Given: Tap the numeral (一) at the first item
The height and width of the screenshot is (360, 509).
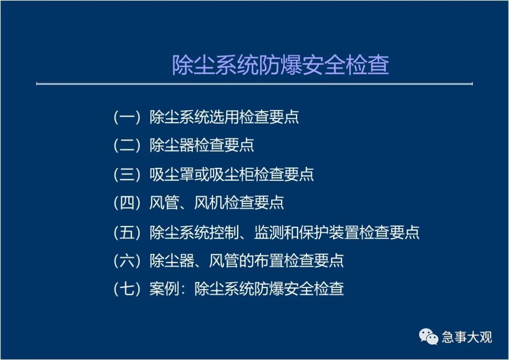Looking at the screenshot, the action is pyautogui.click(x=127, y=117).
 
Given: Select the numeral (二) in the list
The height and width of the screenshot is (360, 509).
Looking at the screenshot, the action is pyautogui.click(x=127, y=145).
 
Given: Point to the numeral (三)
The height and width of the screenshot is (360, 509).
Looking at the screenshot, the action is pyautogui.click(x=127, y=174).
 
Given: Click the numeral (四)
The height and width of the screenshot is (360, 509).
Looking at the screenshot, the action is pyautogui.click(x=127, y=203).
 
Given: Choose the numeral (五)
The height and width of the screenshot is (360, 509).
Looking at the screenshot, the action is pyautogui.click(x=127, y=232).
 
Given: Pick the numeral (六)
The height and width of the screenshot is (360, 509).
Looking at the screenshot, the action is pyautogui.click(x=127, y=261).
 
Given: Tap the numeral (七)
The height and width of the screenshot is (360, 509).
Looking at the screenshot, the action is pyautogui.click(x=127, y=288).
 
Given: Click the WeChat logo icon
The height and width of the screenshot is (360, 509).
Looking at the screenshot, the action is pyautogui.click(x=428, y=336).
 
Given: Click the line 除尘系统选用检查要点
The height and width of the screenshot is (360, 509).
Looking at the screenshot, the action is pyautogui.click(x=224, y=117).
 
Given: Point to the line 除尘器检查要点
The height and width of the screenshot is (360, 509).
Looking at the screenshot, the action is pyautogui.click(x=202, y=145).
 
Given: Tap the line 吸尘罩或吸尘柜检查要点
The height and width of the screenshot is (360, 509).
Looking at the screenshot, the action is pyautogui.click(x=231, y=174).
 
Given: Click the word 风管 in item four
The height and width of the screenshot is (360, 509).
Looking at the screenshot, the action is pyautogui.click(x=164, y=203).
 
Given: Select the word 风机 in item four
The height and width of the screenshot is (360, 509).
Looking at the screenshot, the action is pyautogui.click(x=209, y=203).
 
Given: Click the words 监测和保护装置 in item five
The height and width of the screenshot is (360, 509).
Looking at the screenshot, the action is pyautogui.click(x=306, y=232).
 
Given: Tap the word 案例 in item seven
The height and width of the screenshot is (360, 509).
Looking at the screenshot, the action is pyautogui.click(x=164, y=288).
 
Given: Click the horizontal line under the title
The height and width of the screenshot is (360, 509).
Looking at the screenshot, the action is pyautogui.click(x=254, y=84).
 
